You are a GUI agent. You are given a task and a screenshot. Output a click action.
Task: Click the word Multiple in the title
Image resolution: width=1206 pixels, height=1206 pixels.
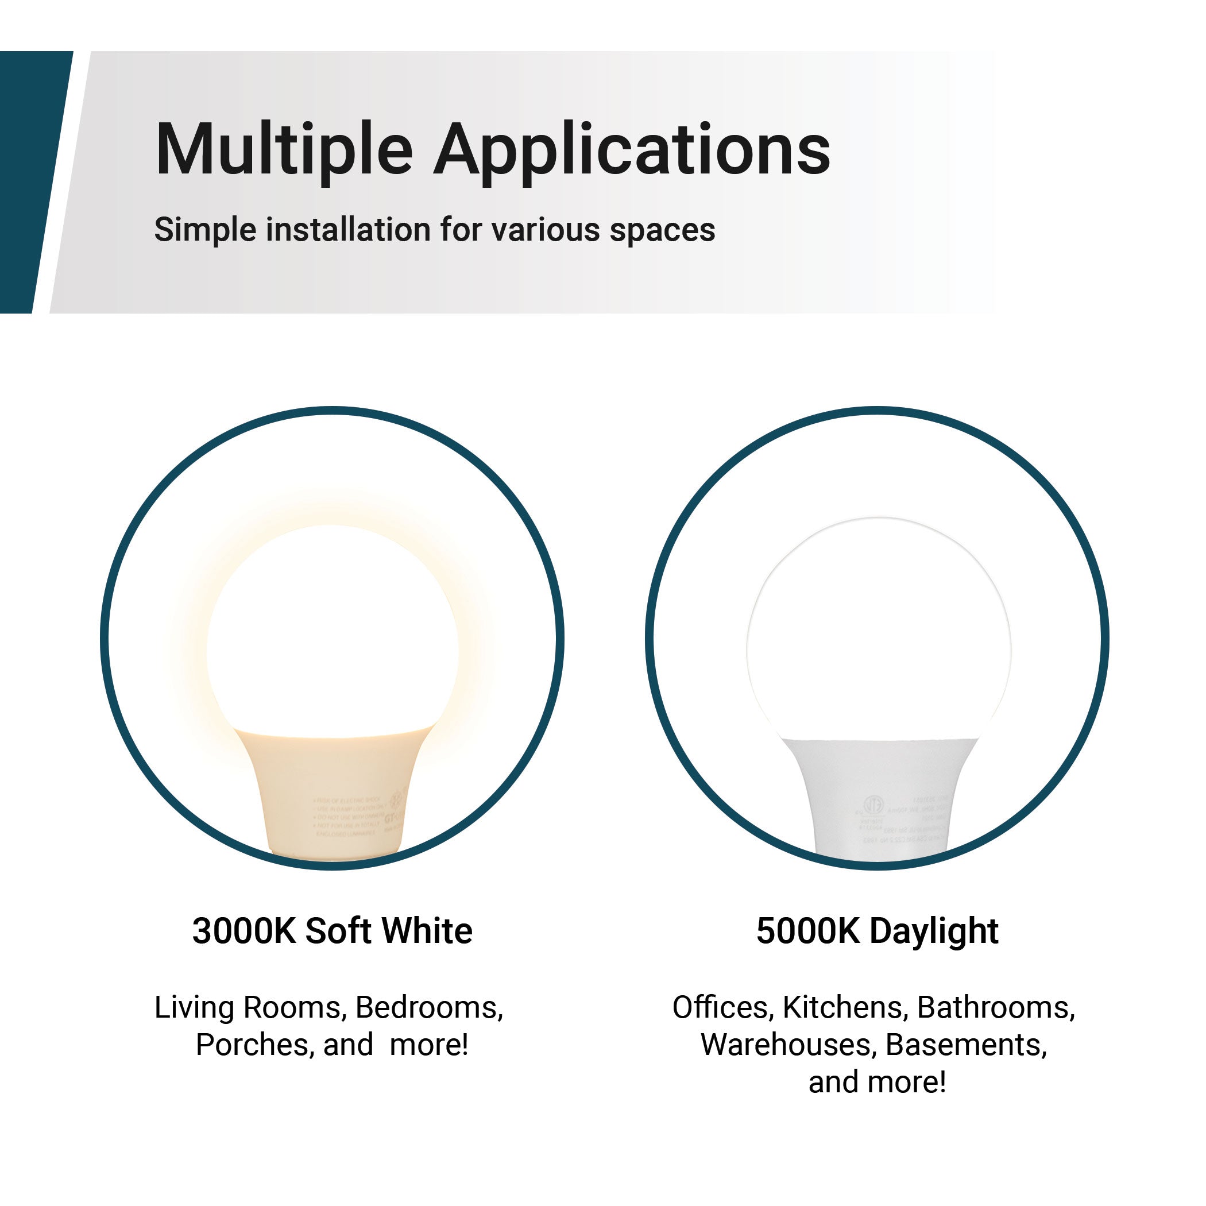tap(284, 150)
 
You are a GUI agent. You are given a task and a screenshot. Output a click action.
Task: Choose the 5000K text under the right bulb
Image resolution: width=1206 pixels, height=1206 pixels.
tap(808, 931)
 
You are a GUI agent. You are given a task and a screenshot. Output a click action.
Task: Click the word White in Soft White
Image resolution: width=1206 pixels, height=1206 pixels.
tap(428, 931)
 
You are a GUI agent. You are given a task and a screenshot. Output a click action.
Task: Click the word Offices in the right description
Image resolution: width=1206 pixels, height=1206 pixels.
tap(724, 1007)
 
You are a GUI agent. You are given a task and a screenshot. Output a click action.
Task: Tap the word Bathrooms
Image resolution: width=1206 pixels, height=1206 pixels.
tap(996, 1007)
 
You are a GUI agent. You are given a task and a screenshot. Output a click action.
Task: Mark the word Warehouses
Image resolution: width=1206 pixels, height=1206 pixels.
tap(788, 1045)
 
